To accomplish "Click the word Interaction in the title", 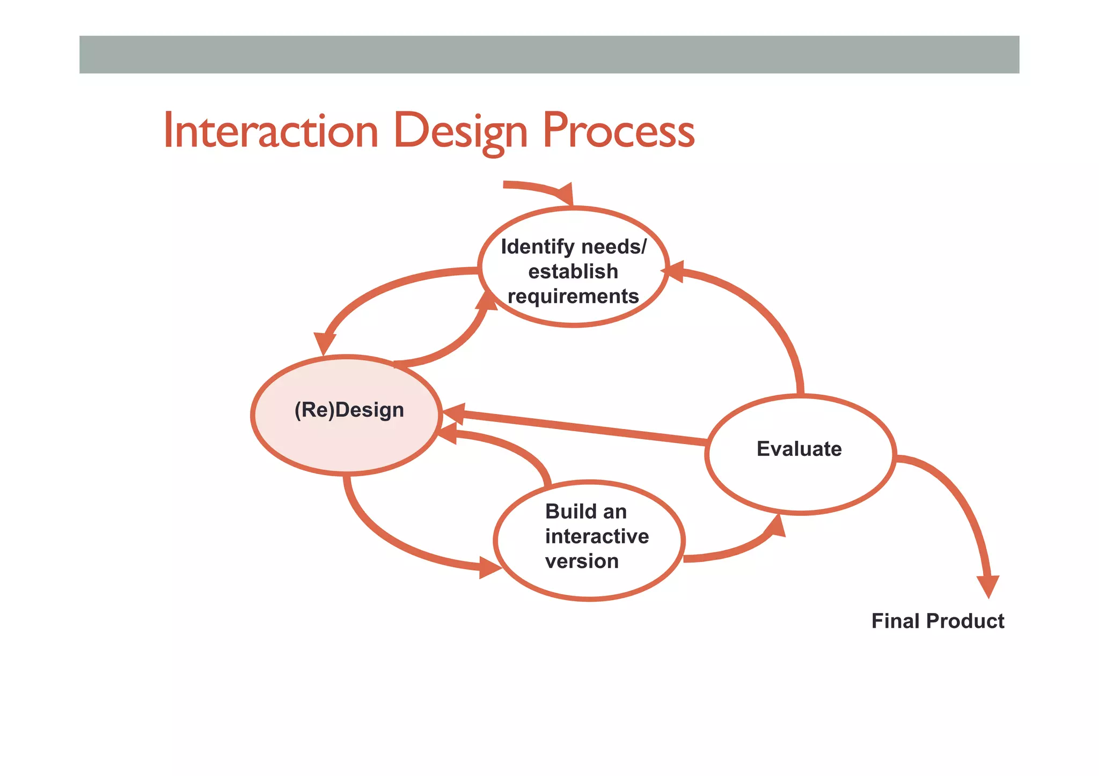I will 271,131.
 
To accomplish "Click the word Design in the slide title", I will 460,131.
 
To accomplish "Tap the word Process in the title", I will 618,131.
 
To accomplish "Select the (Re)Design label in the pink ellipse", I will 349,410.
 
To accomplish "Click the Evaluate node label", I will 798,449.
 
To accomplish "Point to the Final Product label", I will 937,621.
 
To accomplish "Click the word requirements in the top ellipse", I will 573,296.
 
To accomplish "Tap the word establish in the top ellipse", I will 573,271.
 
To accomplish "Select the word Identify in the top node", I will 537,247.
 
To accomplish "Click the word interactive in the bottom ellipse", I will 597,536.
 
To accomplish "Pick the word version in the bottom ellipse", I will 582,561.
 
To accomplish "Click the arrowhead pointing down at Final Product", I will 988,586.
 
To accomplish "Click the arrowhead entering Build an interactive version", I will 489,567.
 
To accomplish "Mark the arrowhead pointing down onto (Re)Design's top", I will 325,343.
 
